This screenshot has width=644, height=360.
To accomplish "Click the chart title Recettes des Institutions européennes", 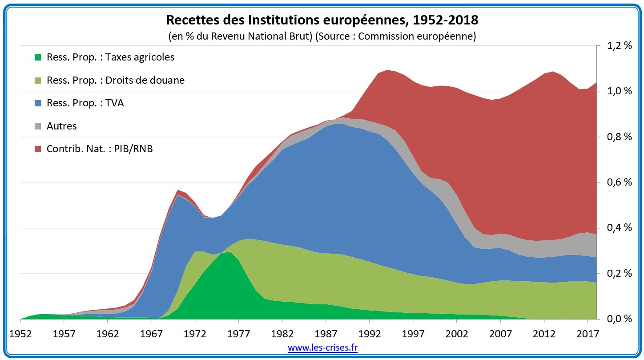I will pyautogui.click(x=322, y=20).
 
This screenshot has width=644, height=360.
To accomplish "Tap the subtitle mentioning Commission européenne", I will pyautogui.click(x=322, y=36).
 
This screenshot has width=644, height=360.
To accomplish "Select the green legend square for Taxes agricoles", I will pyautogui.click(x=38, y=57).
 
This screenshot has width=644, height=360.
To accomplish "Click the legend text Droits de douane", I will pyautogui.click(x=115, y=81).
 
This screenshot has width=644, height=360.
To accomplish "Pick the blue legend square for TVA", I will pyautogui.click(x=38, y=103).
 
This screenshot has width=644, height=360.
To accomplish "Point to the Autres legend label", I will pyautogui.click(x=61, y=126).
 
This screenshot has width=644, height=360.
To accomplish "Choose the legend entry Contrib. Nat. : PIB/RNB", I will pyautogui.click(x=99, y=149).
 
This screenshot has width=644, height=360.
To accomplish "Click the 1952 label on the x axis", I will pyautogui.click(x=20, y=333).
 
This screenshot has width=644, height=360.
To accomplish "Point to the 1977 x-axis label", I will pyautogui.click(x=239, y=333).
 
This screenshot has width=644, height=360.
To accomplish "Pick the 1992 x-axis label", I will pyautogui.click(x=370, y=333).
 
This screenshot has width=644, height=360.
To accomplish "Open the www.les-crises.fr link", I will pyautogui.click(x=322, y=348).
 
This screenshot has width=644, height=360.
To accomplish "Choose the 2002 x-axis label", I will pyautogui.click(x=457, y=333).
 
